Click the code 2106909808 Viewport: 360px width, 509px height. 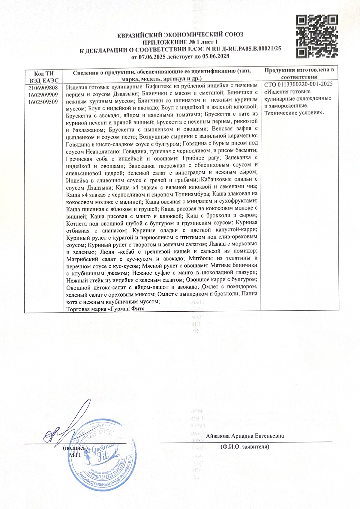click(x=43, y=88)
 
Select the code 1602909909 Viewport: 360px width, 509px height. click(x=43, y=95)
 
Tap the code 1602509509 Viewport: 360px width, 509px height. click(x=43, y=102)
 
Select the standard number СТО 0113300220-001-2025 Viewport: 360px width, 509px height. click(x=298, y=84)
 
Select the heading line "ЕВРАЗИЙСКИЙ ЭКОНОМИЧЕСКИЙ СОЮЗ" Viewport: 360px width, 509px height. click(x=180, y=35)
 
